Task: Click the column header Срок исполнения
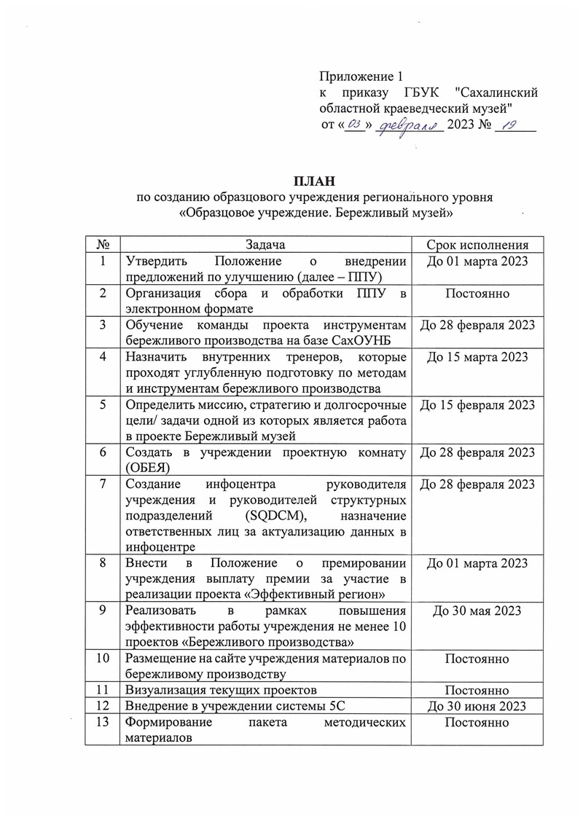(477, 245)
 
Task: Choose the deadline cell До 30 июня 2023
(477, 706)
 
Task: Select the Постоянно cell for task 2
(477, 294)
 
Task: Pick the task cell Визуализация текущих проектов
(221, 690)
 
